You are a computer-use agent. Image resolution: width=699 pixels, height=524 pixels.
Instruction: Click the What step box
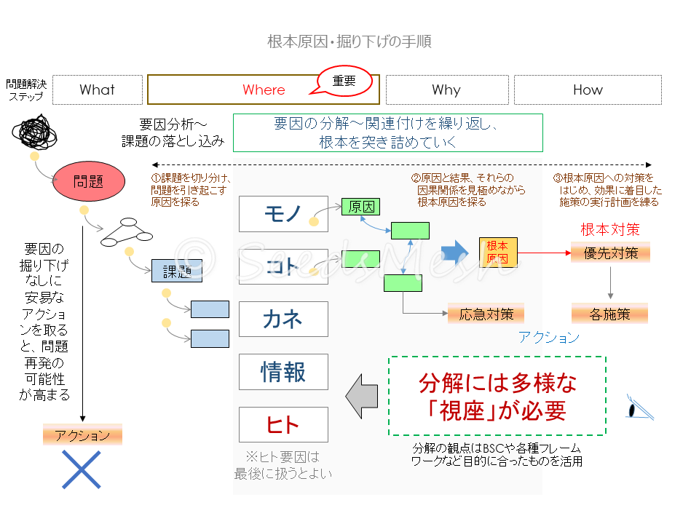[98, 90]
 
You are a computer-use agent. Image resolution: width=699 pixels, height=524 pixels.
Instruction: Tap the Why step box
[446, 90]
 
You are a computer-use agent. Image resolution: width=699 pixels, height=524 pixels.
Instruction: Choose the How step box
[588, 90]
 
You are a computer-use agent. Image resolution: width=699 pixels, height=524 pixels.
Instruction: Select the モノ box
[283, 213]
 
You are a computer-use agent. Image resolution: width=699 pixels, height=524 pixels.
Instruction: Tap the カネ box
[283, 319]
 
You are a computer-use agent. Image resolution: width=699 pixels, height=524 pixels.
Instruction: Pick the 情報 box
[283, 372]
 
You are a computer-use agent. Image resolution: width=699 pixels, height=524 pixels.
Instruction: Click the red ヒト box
[283, 425]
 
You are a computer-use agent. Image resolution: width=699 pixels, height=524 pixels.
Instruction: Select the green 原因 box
[360, 207]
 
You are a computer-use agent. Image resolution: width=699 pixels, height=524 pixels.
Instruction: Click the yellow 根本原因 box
[497, 252]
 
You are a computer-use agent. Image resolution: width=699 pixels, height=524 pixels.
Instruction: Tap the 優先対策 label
[610, 253]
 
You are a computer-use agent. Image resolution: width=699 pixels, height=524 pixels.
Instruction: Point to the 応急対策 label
[486, 314]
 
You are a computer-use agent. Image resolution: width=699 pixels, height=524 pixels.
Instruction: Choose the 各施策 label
[610, 314]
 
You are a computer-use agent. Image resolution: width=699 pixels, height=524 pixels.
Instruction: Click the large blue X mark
[81, 469]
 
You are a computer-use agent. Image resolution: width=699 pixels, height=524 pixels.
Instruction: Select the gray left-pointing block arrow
[361, 396]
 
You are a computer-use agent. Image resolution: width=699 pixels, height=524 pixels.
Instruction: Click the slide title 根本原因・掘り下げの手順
[349, 41]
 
